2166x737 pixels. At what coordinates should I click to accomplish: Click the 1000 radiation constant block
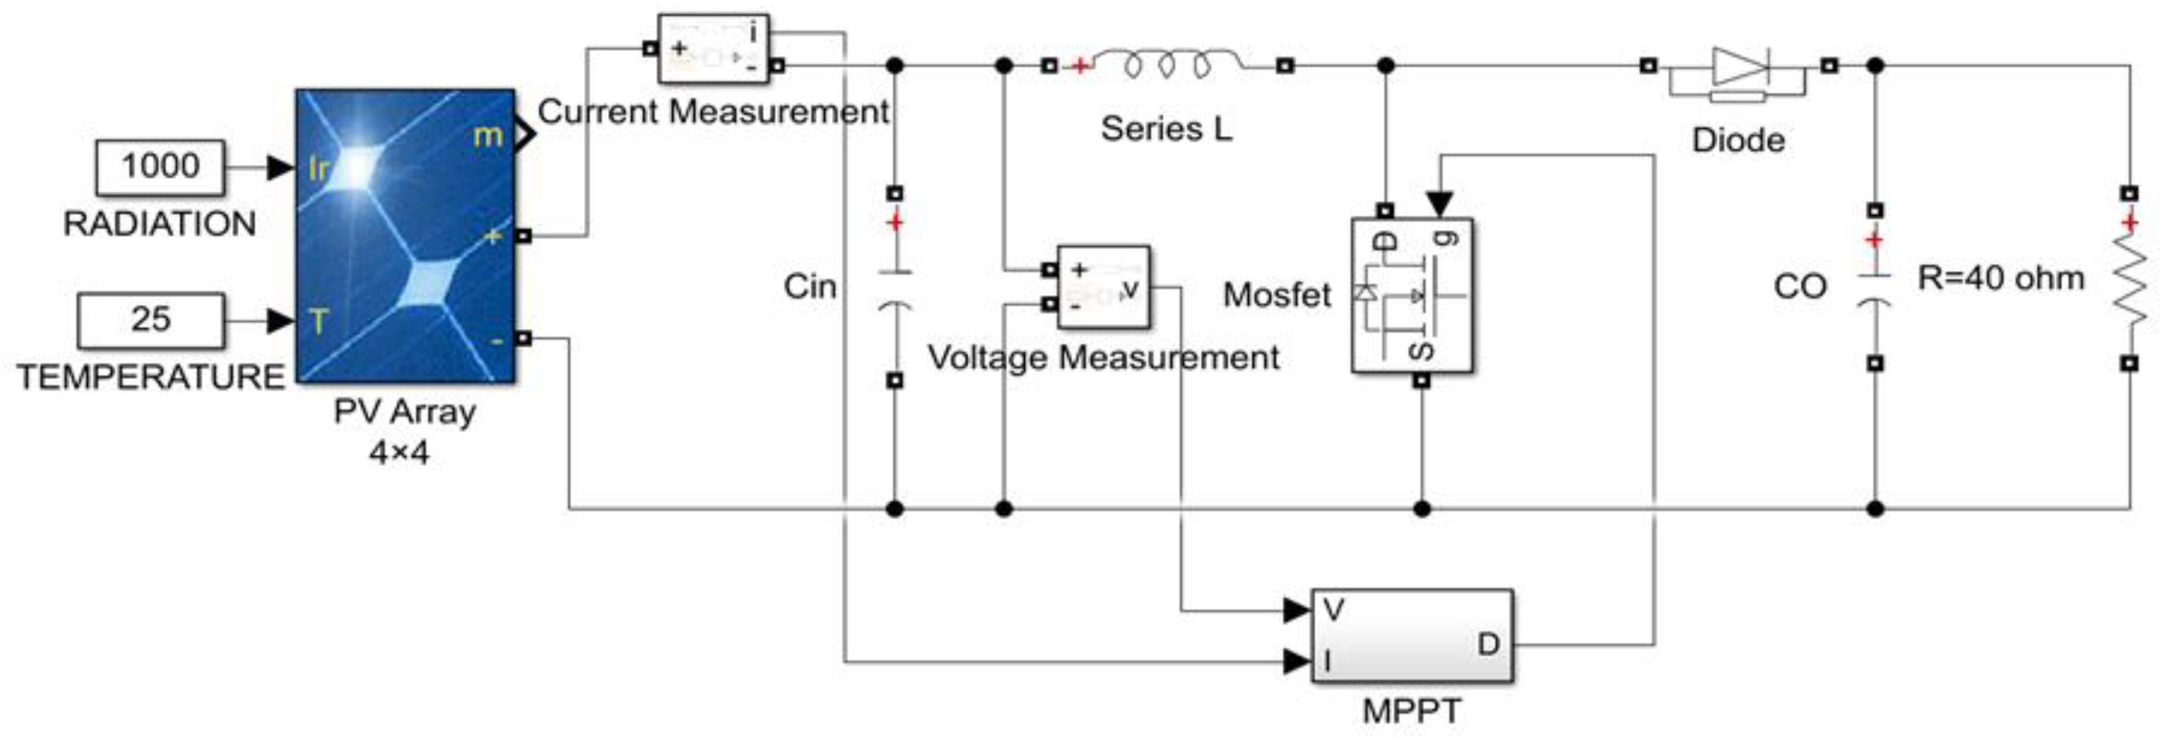point(160,167)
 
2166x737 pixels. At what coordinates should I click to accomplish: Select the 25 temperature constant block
point(151,321)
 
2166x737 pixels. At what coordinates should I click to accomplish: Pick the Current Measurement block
point(712,49)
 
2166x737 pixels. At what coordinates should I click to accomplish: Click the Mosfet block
point(1411,295)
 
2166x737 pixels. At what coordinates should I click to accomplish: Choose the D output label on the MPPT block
point(1488,645)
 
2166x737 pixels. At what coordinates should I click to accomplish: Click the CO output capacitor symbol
point(1874,291)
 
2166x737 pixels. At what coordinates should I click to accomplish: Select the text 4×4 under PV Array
point(399,453)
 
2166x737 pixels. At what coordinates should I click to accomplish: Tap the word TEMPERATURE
point(151,377)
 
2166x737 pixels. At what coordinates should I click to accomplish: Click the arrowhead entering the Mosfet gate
point(1440,203)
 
